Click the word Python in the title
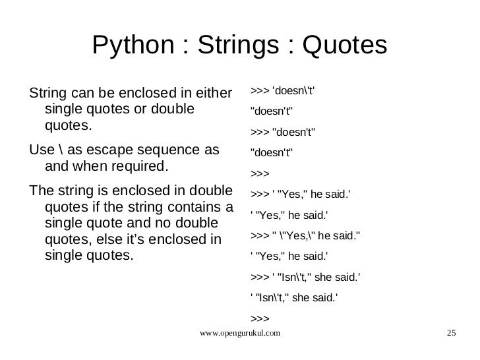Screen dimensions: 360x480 pos(131,45)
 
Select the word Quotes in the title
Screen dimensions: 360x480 pos(343,45)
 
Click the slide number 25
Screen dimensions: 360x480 pos(451,334)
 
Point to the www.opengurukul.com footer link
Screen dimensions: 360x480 pos(239,334)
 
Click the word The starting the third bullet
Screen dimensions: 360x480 pos(42,192)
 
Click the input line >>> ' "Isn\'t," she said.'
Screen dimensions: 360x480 pos(305,277)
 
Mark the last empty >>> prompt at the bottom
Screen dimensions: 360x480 pos(260,318)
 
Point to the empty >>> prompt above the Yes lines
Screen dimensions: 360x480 pos(260,173)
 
